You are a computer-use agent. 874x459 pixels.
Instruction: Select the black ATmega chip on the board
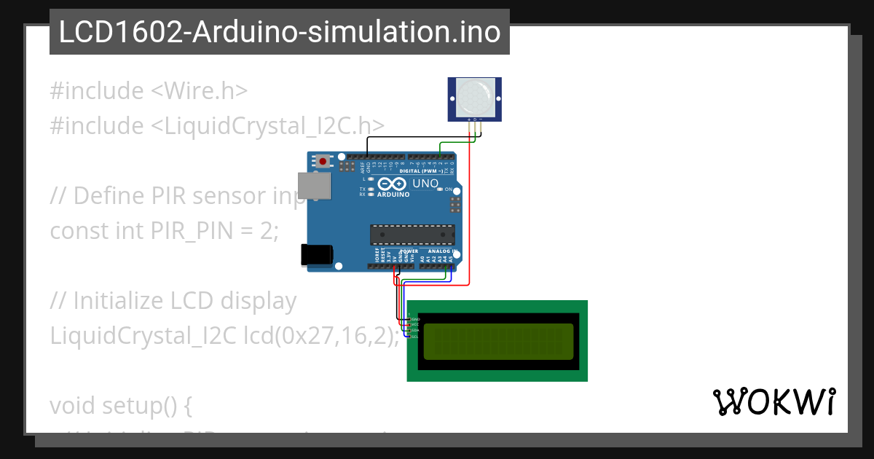412,234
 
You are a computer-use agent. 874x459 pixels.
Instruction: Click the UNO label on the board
425,184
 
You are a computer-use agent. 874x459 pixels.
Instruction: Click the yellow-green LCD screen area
497,341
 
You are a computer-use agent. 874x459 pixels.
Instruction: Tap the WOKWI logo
773,402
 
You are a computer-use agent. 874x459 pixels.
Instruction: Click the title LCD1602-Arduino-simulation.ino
280,33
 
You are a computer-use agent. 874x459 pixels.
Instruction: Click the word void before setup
73,406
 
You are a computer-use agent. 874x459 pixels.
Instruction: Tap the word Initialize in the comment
120,301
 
